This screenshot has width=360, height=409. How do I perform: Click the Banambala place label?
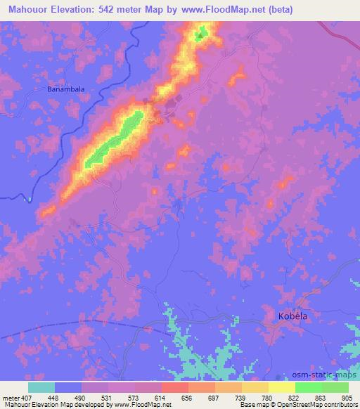coord(67,89)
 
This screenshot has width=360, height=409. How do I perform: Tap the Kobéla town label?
coord(290,316)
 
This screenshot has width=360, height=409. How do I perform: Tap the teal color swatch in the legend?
coord(41,387)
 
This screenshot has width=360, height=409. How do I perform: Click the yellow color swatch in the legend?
coord(282,387)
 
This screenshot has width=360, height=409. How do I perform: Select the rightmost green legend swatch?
coord(335,387)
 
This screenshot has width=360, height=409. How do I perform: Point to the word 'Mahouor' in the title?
coord(28,9)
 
